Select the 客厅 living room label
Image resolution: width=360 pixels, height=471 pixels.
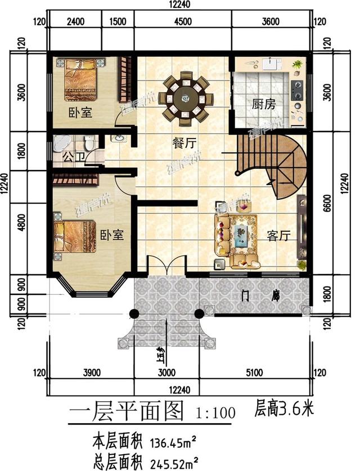278,236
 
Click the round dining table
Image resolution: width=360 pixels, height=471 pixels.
185,99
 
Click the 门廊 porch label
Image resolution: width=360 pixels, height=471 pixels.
259,294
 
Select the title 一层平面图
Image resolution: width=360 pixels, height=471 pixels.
127,412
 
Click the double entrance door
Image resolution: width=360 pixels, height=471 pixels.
166,266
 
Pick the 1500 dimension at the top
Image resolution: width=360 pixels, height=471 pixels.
118,23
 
